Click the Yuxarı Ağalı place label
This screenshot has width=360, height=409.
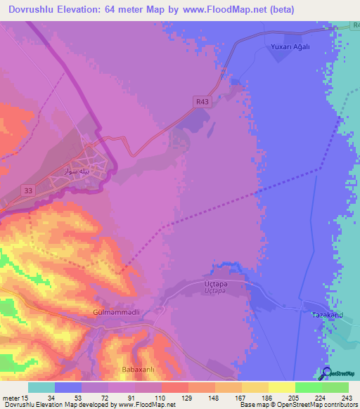point(290,46)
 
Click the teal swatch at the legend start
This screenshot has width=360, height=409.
point(41,387)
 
